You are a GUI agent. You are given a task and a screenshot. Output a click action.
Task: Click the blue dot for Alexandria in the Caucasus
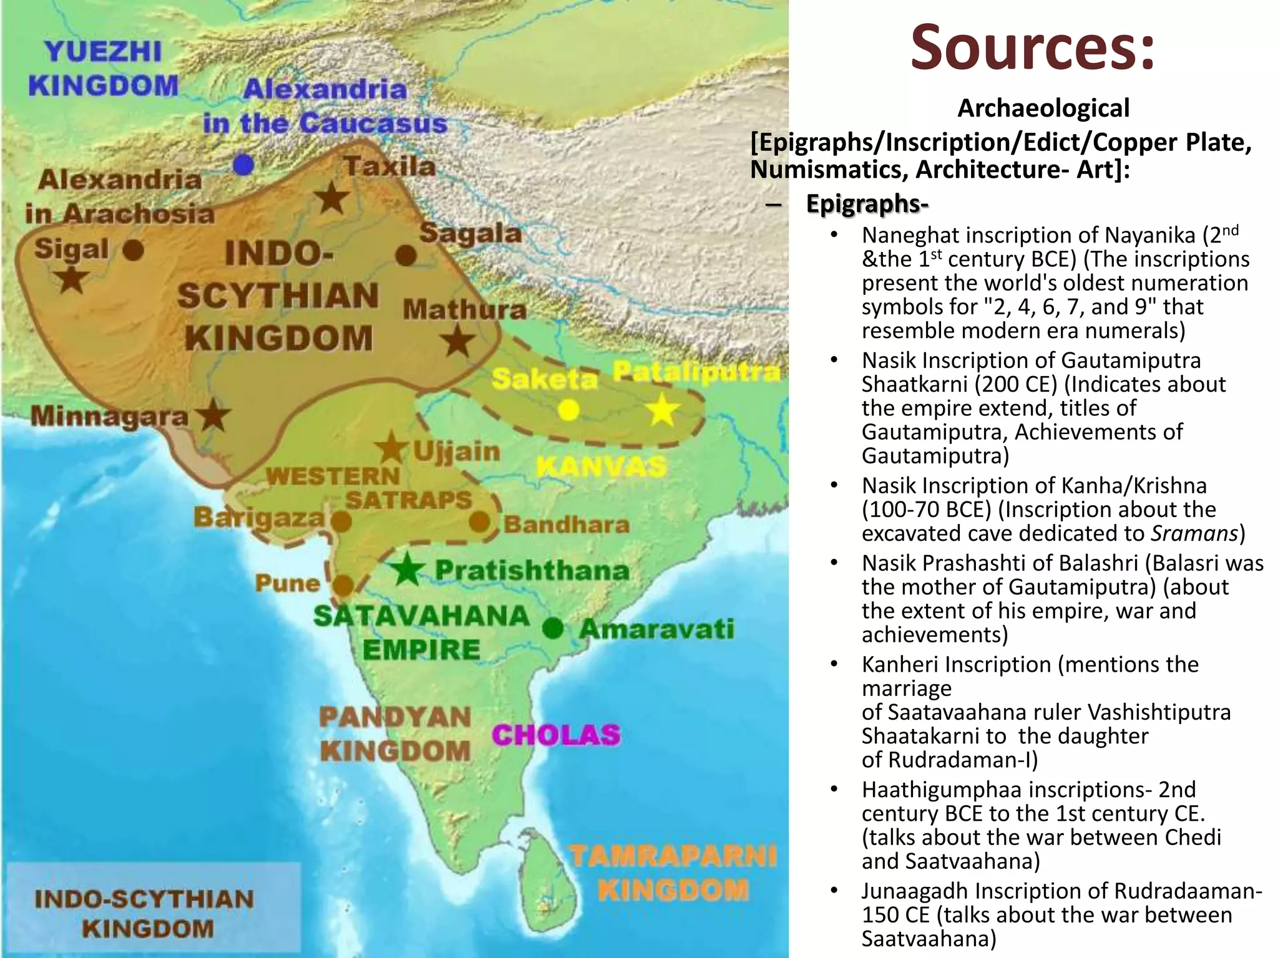click(243, 165)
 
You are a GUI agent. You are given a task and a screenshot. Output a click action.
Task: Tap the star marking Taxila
click(331, 198)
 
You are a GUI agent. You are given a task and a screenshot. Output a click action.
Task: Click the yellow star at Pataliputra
click(662, 411)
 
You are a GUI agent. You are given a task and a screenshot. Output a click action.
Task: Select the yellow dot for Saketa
click(568, 410)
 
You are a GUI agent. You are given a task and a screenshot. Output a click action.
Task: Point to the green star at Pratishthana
click(407, 569)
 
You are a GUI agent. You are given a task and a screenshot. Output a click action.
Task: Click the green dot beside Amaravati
click(553, 627)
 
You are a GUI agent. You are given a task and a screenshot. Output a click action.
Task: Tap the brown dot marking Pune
click(343, 586)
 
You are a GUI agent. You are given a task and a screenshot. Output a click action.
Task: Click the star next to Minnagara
click(213, 415)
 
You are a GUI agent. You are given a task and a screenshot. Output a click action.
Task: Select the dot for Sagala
click(406, 254)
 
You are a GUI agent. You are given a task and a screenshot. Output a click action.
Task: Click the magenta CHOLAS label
click(556, 735)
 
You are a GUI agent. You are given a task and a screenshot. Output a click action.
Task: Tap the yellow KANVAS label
click(601, 467)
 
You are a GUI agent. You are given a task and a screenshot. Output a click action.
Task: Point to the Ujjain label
click(457, 451)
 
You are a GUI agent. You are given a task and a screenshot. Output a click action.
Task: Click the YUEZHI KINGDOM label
click(104, 69)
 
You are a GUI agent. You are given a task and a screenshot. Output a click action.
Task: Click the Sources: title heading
click(1033, 47)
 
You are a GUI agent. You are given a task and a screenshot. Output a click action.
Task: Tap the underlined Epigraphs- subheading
click(867, 203)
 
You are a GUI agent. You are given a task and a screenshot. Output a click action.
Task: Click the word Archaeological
click(1043, 108)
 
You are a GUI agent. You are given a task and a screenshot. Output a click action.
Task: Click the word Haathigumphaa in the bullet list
click(942, 790)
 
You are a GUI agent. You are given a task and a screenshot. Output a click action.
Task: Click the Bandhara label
click(567, 525)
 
